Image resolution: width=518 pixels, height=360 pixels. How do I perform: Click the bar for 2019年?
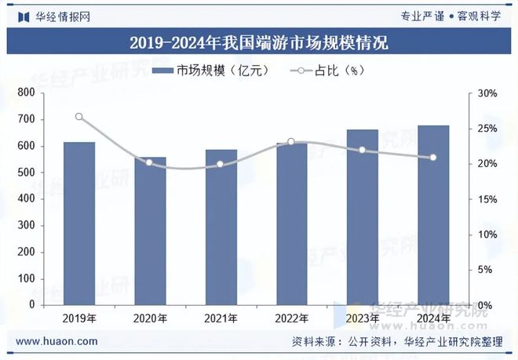pyautogui.click(x=79, y=224)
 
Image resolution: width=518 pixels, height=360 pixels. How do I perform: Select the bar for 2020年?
pyautogui.click(x=150, y=231)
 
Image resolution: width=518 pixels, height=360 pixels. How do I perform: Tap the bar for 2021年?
pyautogui.click(x=221, y=227)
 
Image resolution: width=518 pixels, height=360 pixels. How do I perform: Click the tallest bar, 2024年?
pyautogui.click(x=433, y=215)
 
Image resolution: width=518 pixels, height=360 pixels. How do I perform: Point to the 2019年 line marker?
pyautogui.click(x=79, y=117)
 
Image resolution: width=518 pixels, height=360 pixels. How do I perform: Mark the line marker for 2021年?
pyautogui.click(x=221, y=165)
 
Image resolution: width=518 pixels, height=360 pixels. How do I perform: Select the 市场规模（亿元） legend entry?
pyautogui.click(x=212, y=71)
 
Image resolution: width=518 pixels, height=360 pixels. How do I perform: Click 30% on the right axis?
pyautogui.click(x=487, y=93)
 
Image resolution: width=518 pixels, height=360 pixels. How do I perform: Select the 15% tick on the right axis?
pyautogui.click(x=487, y=199)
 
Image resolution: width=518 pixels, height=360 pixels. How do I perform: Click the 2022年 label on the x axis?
pyautogui.click(x=291, y=318)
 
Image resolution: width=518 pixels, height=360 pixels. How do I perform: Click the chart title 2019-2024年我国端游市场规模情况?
pyautogui.click(x=258, y=42)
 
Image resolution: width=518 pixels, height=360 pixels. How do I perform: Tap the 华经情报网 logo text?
pyautogui.click(x=55, y=16)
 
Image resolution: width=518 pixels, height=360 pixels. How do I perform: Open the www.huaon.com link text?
pyautogui.click(x=57, y=341)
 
